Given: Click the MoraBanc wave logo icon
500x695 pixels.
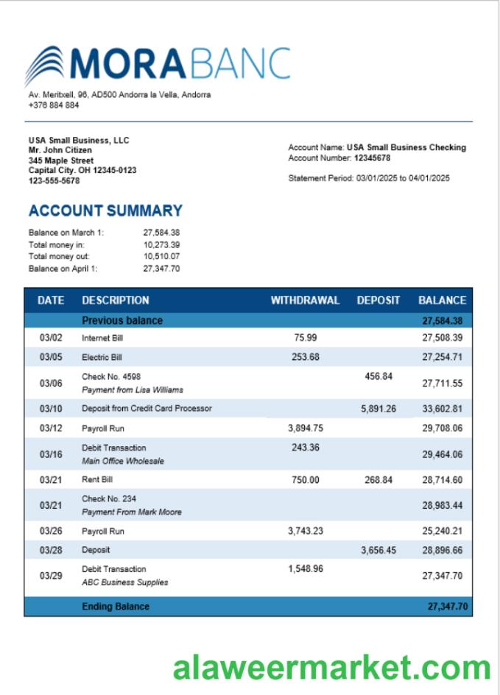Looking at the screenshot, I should pos(44,65).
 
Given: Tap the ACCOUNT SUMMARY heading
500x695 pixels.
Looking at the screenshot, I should pos(105,211).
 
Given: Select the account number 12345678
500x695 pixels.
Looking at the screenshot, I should pos(372,158).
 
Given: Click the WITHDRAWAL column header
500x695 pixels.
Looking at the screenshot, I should pos(305,300).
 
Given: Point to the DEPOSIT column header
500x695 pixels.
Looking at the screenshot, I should pos(378,300).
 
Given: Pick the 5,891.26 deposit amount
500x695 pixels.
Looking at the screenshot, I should pos(378,409).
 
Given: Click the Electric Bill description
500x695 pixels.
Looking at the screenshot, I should pos(102,357).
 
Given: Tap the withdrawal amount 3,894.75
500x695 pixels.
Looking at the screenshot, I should pos(305,428).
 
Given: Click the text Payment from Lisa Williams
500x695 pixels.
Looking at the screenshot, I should pos(133,389).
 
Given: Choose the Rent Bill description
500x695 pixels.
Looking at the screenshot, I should pos(97,480).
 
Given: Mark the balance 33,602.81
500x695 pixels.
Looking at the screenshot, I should pos(442,409).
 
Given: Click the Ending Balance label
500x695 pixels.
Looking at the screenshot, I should pos(116,607).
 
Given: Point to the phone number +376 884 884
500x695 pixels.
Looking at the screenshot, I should pos(54,105).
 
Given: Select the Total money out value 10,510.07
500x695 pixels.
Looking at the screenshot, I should pos(161,256).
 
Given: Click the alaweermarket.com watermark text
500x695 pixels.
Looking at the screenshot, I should pos(331,668).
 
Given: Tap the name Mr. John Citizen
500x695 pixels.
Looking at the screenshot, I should pos(60,150).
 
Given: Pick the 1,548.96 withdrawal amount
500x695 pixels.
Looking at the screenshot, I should pos(305,568).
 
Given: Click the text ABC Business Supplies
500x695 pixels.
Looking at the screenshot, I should pos(124,582).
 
